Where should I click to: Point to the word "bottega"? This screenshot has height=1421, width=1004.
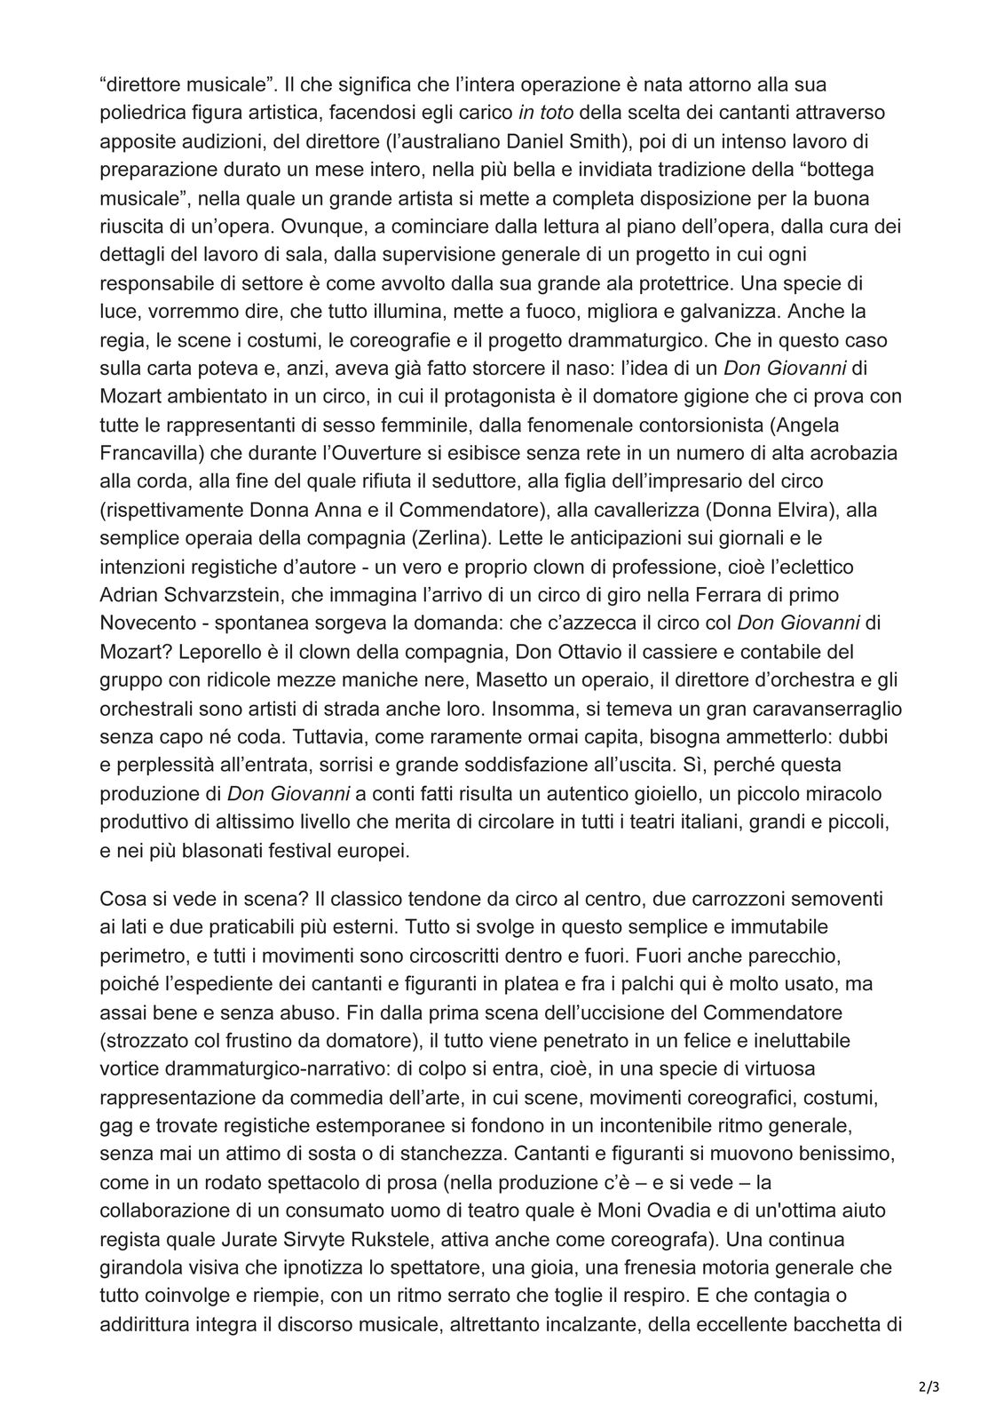pos(849,169)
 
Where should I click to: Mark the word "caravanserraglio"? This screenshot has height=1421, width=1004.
pos(813,709)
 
